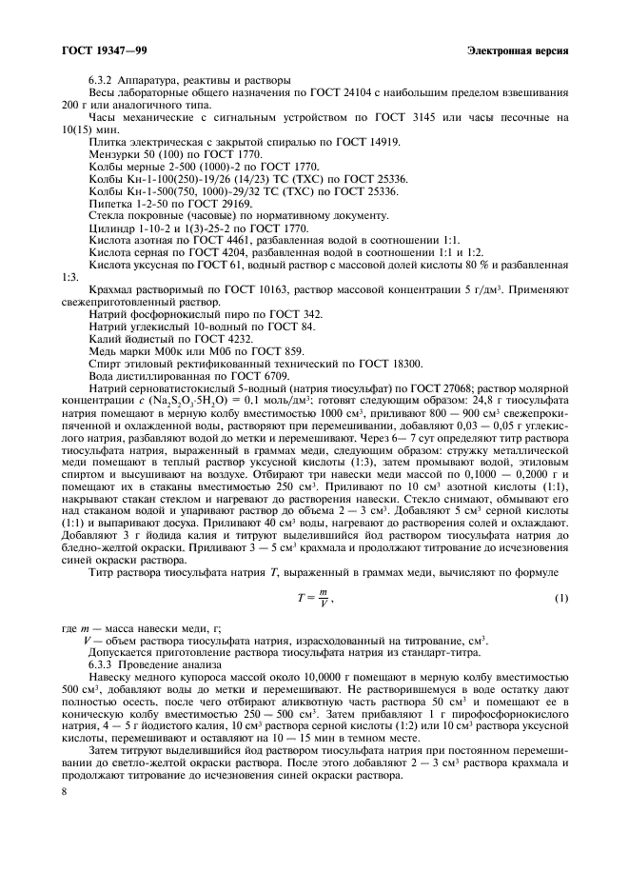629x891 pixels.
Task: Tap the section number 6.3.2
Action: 102,78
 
